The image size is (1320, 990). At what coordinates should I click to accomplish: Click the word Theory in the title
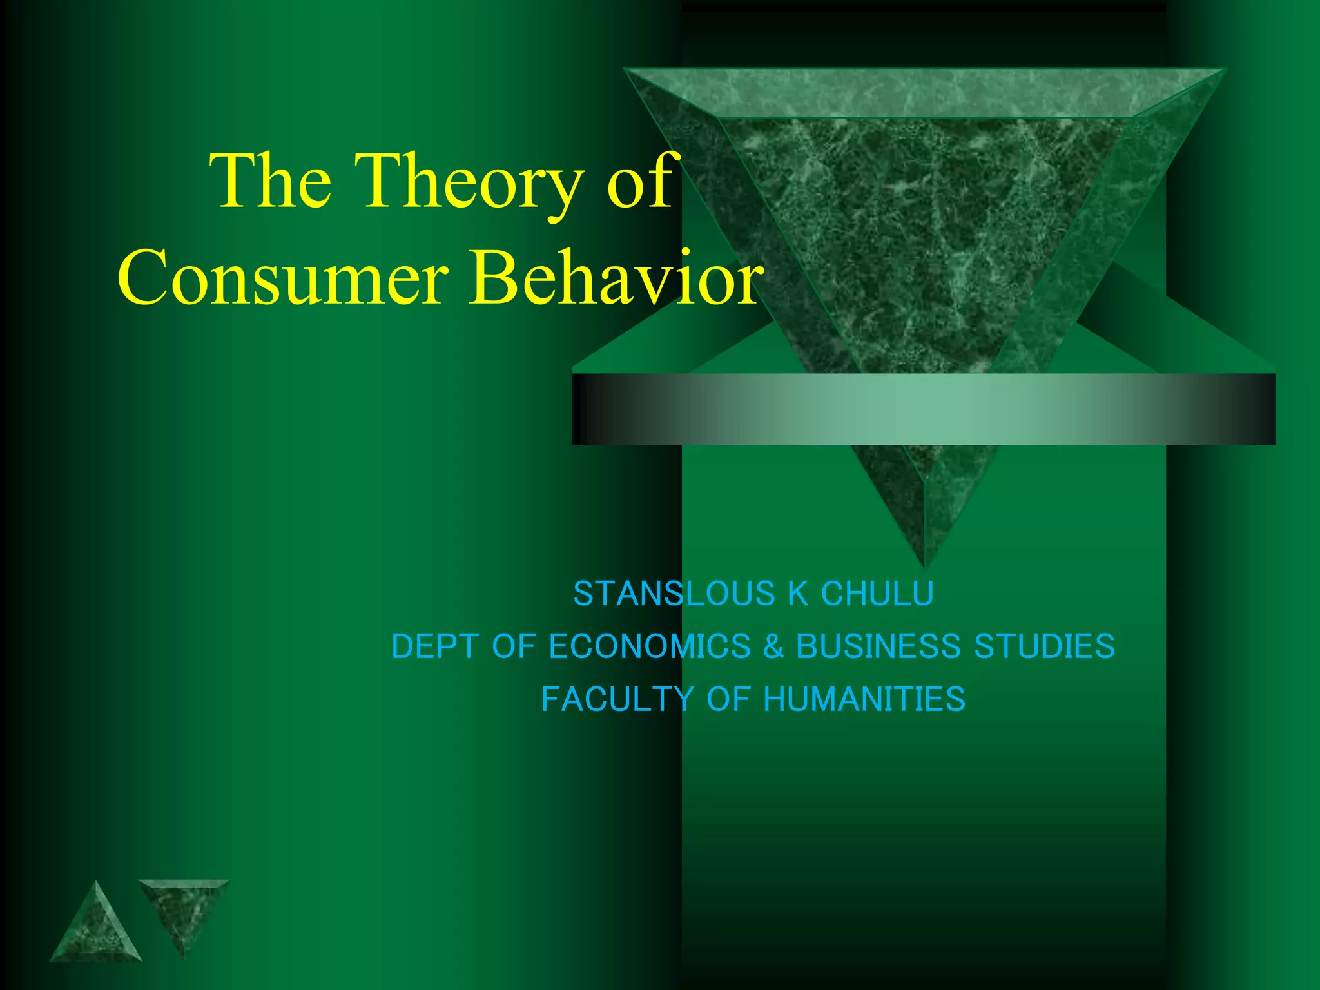(469, 182)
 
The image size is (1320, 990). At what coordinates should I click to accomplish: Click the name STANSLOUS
(675, 594)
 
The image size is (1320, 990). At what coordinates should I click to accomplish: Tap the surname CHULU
(877, 594)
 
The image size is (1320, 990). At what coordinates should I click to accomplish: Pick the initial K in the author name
(798, 594)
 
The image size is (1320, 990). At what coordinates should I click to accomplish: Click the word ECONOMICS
(650, 646)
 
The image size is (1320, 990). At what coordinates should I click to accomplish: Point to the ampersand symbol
(773, 646)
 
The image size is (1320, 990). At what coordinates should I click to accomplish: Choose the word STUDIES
(1044, 646)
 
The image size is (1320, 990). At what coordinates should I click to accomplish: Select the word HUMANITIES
(864, 699)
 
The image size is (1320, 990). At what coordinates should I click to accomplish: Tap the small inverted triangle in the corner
(184, 909)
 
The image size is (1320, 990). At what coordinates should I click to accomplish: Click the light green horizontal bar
(923, 409)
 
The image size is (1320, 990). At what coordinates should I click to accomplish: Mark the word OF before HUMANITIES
(729, 699)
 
